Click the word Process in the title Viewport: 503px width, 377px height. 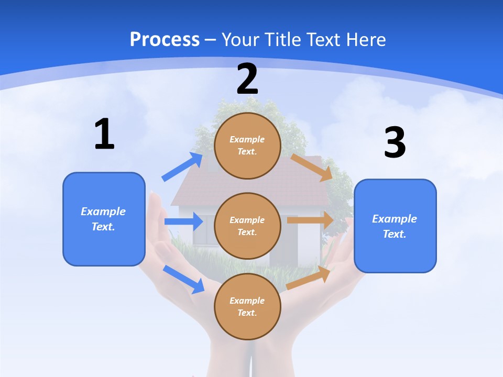coord(165,39)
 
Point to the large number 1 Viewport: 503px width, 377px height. coord(104,134)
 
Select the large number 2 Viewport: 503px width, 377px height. coord(247,79)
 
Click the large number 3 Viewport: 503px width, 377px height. coord(395,143)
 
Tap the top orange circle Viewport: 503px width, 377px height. coord(247,146)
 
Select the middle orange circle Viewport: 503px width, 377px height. coord(247,226)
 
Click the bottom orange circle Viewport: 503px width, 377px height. coord(247,306)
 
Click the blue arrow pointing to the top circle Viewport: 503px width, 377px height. coord(183,167)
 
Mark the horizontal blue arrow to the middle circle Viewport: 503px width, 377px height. coord(183,221)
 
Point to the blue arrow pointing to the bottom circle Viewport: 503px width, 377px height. coord(184,279)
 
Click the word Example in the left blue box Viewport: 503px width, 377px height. coord(103,212)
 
